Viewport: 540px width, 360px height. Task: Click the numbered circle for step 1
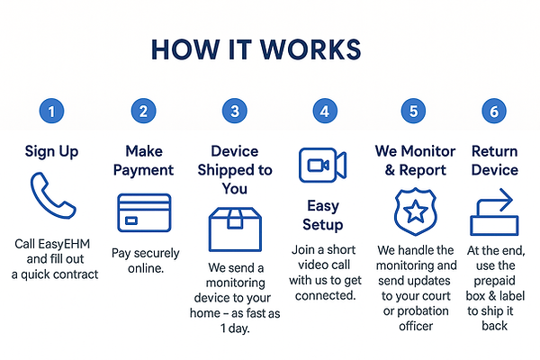[x=51, y=111]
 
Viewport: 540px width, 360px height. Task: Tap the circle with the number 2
[x=144, y=111]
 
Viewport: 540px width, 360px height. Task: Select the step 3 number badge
[x=235, y=111]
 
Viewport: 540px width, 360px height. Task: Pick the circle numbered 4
[x=325, y=111]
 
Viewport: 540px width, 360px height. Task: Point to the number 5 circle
[x=413, y=111]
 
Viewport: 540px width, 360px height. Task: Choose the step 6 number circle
[x=494, y=111]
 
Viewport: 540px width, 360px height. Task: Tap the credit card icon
[x=144, y=212]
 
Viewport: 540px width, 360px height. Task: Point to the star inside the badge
[x=416, y=211]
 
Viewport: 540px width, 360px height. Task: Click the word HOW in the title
[x=185, y=49]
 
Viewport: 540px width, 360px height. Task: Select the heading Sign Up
[x=51, y=152]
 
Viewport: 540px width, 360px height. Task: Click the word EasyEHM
[x=64, y=244]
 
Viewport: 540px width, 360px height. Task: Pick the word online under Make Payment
[x=145, y=268]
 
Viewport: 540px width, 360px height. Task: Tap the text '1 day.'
[x=235, y=328]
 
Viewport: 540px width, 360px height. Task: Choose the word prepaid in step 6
[x=494, y=281]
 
